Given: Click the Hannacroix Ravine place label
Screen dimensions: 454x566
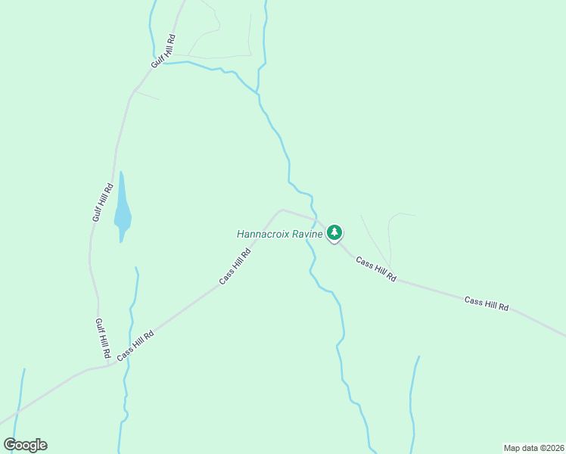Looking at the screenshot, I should coord(279,235).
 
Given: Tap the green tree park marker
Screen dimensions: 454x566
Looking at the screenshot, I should coord(334,233).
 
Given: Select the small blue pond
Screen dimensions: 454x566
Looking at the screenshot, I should coord(122,212).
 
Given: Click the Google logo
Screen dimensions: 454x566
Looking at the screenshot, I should coord(25,445).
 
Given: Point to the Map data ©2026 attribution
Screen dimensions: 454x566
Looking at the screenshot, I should coord(533,448).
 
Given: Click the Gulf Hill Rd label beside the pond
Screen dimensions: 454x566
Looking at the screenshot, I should coord(103,201).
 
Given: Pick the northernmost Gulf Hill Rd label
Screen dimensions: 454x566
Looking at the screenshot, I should coord(163,51).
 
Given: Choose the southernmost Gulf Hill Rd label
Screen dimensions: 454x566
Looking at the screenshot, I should coord(103,338).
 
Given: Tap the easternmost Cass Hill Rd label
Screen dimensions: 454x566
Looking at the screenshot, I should coord(487,304).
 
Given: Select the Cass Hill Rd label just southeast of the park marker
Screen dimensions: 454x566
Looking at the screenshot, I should coord(376,269).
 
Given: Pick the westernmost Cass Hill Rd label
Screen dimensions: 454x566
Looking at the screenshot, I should coord(135,344).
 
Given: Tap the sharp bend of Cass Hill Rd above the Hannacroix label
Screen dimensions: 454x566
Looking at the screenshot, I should coord(282,210).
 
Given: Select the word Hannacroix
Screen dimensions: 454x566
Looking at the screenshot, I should coord(263,235).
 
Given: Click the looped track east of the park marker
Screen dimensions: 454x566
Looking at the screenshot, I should coord(390,227).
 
